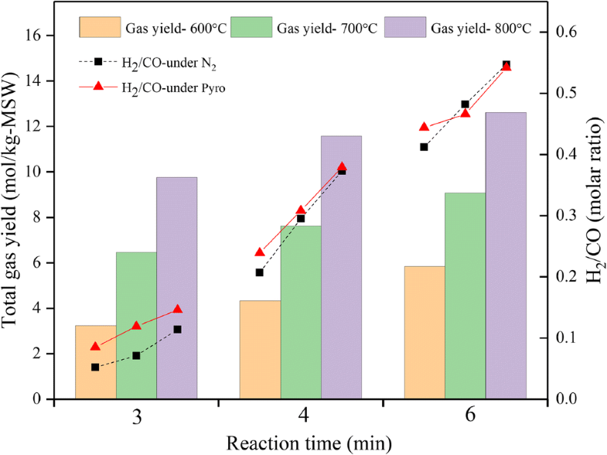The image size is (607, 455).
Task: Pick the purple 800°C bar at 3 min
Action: [x=177, y=288]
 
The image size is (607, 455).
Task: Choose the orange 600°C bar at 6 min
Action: [x=424, y=333]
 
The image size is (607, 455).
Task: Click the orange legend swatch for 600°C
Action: [x=98, y=28]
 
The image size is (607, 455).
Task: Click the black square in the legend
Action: [x=98, y=61]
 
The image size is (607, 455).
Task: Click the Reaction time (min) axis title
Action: [x=301, y=443]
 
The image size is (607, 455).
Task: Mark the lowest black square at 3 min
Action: [x=95, y=367]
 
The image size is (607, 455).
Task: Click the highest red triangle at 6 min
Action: [x=506, y=67]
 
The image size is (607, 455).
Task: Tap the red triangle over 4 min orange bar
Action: [x=260, y=252]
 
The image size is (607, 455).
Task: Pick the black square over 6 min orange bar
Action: [x=424, y=147]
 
